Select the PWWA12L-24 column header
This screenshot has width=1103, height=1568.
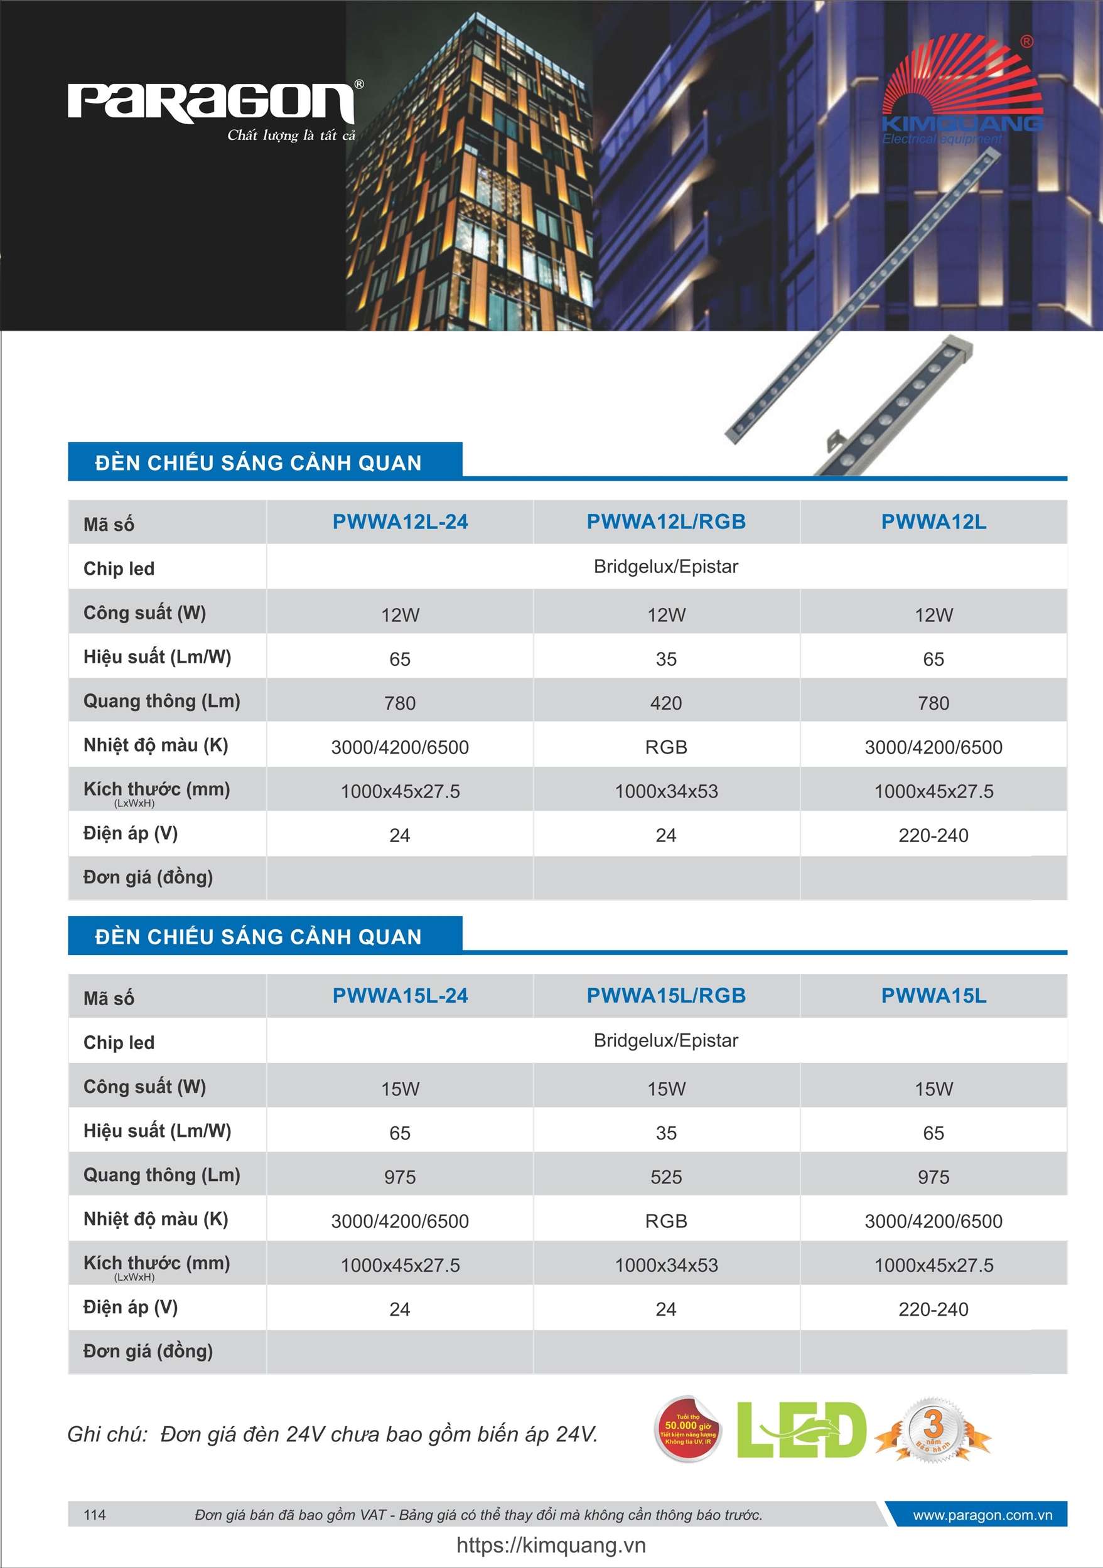[400, 522]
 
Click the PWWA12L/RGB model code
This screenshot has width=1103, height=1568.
[665, 522]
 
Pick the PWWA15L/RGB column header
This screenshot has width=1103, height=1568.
[665, 996]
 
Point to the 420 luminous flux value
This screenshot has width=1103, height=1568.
[665, 703]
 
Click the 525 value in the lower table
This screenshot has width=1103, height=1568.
[665, 1177]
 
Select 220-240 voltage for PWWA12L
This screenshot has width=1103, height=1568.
[933, 835]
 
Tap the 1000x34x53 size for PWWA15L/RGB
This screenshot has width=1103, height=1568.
[665, 1266]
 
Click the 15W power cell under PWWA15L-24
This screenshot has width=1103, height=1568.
[400, 1089]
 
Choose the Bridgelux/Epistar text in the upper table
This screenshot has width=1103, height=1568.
[665, 567]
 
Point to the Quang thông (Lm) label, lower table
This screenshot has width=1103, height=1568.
[161, 1175]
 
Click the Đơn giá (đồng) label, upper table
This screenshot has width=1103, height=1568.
[148, 878]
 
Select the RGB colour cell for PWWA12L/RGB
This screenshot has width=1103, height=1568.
[665, 747]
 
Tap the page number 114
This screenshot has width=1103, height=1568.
[94, 1515]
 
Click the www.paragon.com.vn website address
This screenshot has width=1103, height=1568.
[982, 1515]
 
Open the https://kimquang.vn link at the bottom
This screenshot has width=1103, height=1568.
[551, 1545]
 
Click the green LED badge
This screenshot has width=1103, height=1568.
[801, 1430]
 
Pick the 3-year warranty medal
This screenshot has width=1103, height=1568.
[933, 1429]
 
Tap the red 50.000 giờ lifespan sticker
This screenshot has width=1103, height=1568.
[687, 1429]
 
